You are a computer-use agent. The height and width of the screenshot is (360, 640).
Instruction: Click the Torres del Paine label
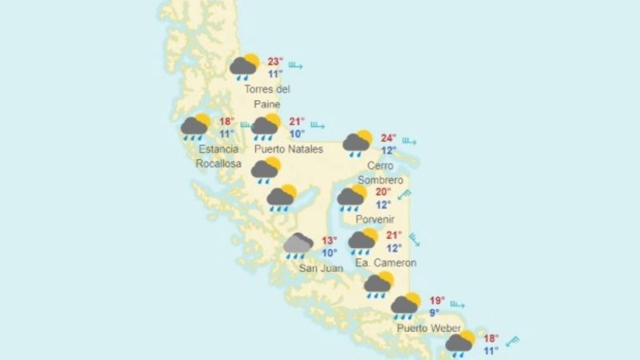point(267,96)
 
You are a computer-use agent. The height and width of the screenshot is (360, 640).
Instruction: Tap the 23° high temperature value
point(275,62)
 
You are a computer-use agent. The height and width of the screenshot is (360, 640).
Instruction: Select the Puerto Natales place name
point(288,149)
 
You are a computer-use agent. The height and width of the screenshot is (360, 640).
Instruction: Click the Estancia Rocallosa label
point(218,156)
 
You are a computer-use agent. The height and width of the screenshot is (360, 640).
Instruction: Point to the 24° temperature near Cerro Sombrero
point(389,138)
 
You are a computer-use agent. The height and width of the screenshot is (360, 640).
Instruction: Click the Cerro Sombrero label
point(380,174)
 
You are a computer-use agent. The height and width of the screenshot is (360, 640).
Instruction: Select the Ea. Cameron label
point(383,262)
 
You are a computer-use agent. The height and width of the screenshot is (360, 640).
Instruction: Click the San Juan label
point(320,268)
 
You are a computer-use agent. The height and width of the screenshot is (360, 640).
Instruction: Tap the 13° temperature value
point(329,241)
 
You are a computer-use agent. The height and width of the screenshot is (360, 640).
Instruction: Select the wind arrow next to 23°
point(300,65)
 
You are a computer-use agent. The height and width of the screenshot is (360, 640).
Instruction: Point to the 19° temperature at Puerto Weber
point(437,301)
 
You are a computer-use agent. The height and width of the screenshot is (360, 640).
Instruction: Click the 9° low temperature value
point(434,313)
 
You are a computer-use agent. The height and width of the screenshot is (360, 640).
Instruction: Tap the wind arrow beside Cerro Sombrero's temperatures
point(409,142)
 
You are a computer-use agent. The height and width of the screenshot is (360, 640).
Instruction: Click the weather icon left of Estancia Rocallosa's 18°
point(194,126)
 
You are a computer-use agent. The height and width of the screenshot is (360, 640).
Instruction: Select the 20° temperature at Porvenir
point(383,192)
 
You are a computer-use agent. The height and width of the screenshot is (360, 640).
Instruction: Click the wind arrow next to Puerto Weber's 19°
point(457,305)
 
